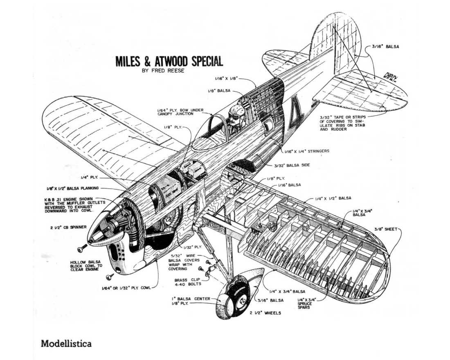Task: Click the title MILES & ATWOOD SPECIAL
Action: (x=169, y=61)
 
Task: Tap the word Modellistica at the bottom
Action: (x=66, y=343)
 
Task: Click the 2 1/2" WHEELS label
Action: (x=265, y=313)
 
